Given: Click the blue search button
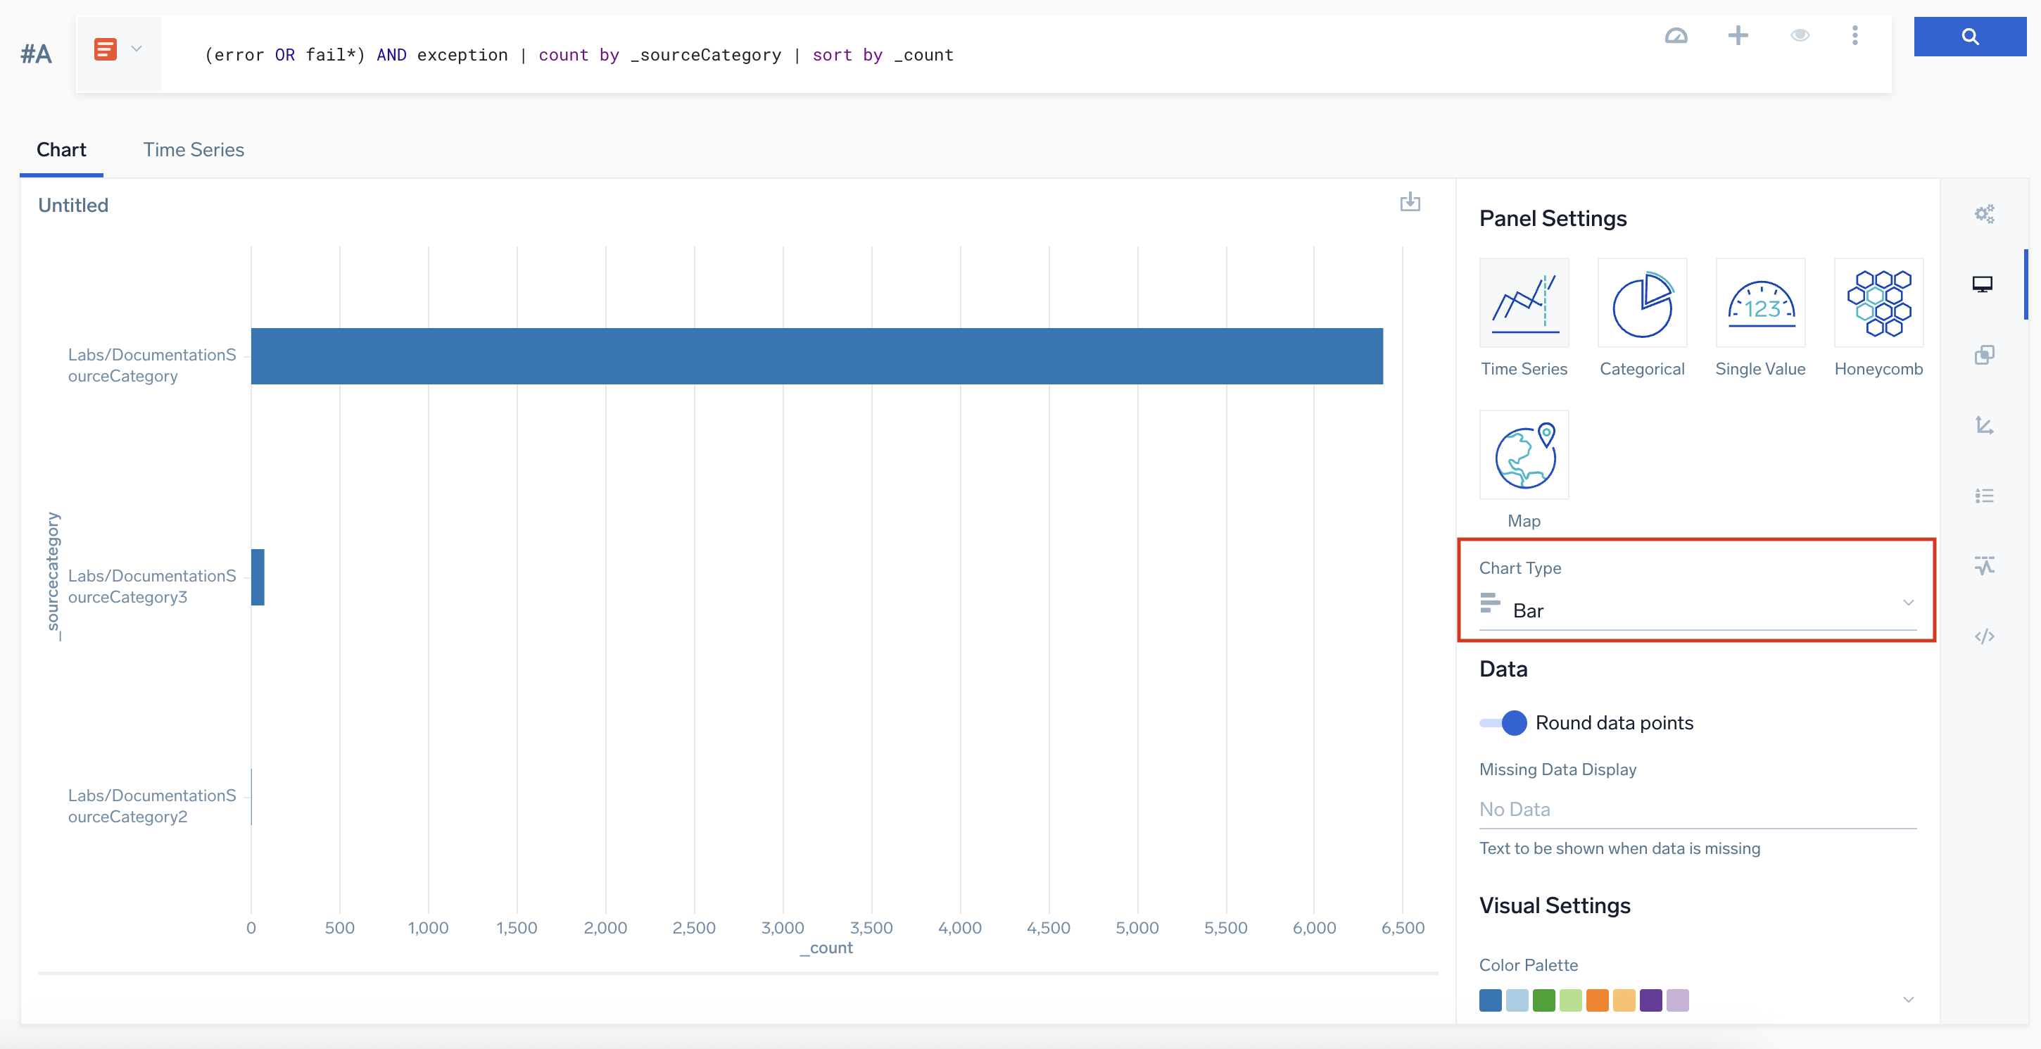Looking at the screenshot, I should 1970,37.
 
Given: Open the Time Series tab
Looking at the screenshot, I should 194,150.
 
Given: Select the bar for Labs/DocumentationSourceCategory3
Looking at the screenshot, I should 258,577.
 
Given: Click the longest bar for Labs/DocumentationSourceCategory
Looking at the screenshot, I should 816,356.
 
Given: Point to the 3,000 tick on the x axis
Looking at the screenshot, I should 783,928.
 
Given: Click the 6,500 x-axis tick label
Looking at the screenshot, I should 1403,928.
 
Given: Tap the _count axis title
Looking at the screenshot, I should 826,948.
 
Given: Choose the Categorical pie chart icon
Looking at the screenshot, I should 1642,303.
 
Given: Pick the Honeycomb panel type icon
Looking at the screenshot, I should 1878,303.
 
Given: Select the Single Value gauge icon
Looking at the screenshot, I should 1759,303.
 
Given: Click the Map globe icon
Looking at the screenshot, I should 1524,456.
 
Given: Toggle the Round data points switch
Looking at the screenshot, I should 1503,722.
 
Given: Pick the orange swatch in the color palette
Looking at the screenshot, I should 1598,1000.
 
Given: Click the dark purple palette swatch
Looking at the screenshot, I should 1650,1000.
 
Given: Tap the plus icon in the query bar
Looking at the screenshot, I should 1738,36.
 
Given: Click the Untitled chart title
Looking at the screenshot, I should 73,205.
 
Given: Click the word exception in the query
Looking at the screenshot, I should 462,55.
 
